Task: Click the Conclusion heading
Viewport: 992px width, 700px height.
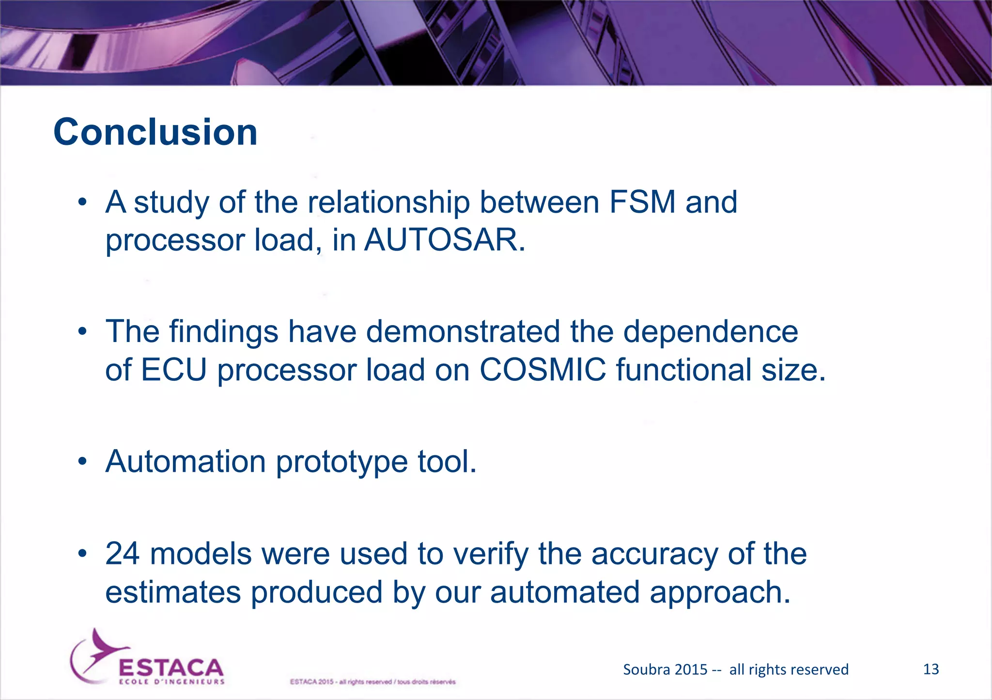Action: (x=155, y=132)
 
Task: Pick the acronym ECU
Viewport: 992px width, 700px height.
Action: (x=174, y=370)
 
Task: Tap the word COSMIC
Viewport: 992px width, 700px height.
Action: (x=542, y=370)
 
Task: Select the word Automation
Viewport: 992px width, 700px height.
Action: (x=186, y=461)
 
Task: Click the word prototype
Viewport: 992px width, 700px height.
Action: (x=341, y=461)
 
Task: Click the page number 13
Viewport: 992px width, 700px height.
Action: (x=931, y=669)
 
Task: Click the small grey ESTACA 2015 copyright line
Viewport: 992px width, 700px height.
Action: (x=372, y=682)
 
